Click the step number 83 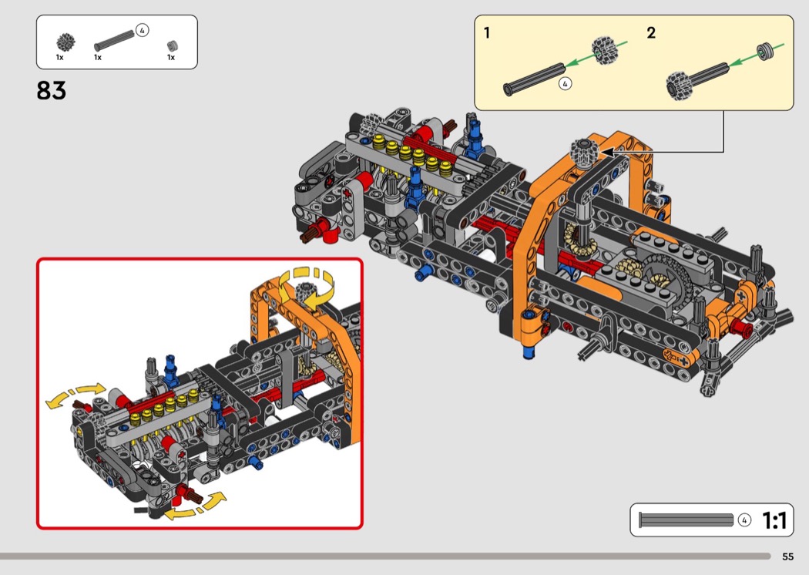coord(51,90)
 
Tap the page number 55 coord(787,557)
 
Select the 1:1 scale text coord(774,520)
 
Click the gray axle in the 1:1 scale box coord(686,520)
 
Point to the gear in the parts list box coord(66,42)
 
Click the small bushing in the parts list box coord(173,46)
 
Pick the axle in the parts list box coord(114,41)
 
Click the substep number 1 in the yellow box coord(486,33)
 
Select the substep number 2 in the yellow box coord(651,33)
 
